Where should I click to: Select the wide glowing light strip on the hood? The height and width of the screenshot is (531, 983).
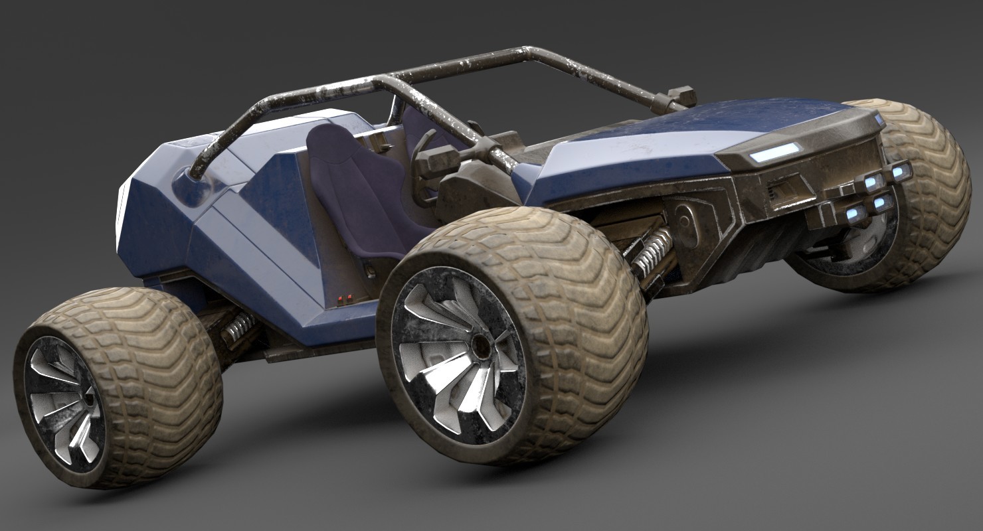click(x=775, y=152)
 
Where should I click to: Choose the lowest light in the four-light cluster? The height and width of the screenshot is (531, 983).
click(x=856, y=214)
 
